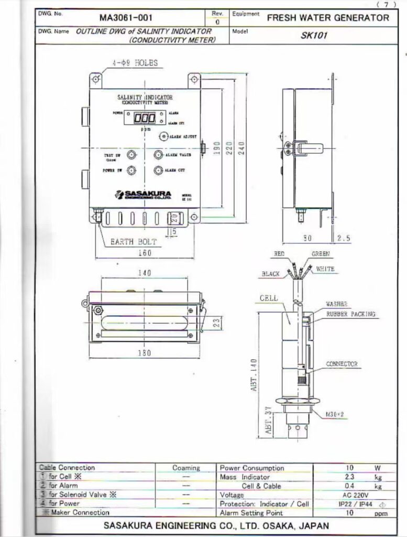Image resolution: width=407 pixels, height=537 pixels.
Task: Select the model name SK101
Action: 314,36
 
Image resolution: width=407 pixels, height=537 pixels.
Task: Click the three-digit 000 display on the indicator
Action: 145,118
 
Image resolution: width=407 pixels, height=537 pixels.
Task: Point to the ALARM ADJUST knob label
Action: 182,136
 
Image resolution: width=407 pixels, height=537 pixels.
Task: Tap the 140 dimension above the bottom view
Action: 145,273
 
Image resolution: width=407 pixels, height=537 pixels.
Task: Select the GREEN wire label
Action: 321,254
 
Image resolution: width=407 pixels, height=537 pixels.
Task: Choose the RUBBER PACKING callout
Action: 350,314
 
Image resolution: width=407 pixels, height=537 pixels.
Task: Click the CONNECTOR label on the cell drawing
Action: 342,363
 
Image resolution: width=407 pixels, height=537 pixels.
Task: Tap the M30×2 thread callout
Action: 334,414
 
